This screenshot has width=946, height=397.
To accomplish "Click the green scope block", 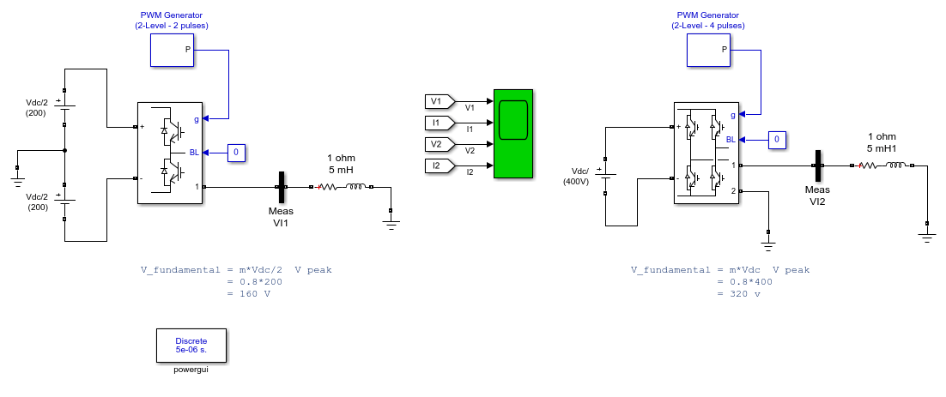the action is point(512,134).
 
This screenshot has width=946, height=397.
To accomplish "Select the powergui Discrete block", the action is point(191,346).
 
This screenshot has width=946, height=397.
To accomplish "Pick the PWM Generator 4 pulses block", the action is point(709,50).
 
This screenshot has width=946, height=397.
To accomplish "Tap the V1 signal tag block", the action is point(440,101).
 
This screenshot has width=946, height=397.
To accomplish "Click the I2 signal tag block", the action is point(440,165).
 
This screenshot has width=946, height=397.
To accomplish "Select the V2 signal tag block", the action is point(440,145).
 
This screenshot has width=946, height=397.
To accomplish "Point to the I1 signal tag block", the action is point(440,123).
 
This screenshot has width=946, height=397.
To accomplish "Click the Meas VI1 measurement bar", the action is point(282,188).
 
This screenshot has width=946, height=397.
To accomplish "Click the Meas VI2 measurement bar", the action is point(817,165).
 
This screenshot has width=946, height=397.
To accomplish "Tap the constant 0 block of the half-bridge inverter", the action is point(236,153).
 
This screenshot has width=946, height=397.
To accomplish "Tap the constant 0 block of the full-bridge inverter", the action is point(777,140).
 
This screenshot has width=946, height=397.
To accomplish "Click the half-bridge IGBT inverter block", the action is point(169,153).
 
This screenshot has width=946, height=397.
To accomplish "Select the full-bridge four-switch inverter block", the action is point(706,153).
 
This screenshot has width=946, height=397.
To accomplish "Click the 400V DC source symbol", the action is point(605,176).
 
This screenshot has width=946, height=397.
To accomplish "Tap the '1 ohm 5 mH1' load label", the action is point(882,141).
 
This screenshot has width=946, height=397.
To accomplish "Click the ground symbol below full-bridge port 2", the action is point(768,244).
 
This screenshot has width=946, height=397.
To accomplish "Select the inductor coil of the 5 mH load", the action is point(355,187).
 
